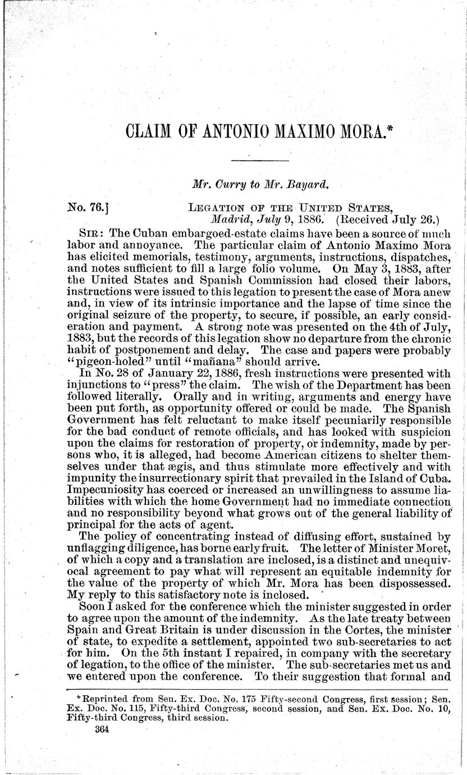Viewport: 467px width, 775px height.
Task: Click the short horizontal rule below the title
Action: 259,162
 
